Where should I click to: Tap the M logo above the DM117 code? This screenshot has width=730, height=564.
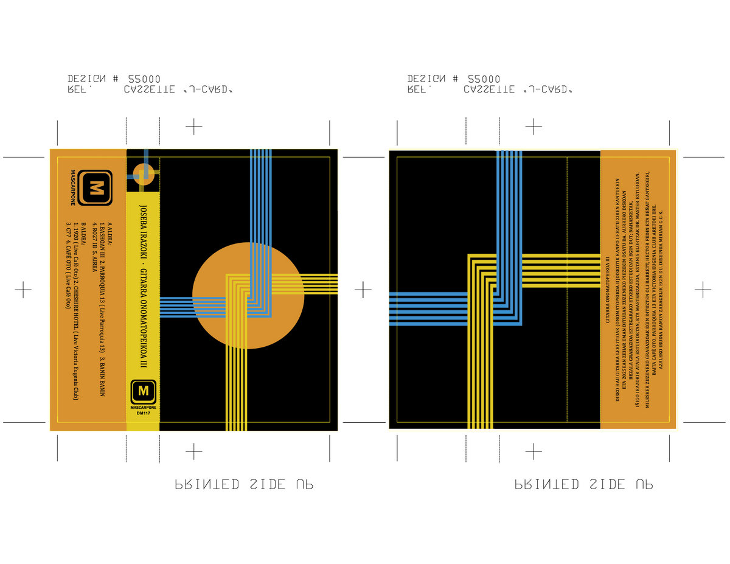[144, 391]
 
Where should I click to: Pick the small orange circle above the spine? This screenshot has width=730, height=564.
[144, 173]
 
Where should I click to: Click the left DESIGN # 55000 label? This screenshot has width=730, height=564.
[114, 79]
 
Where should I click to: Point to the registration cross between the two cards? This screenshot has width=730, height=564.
[363, 290]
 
